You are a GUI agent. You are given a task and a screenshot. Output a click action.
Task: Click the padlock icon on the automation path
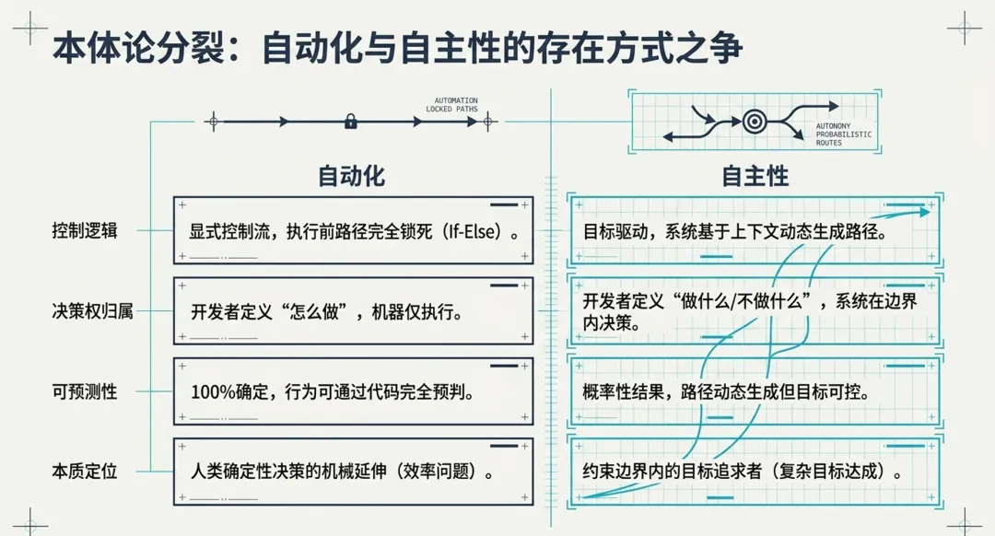pyautogui.click(x=350, y=122)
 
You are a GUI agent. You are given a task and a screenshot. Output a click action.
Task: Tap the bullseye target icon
pyautogui.click(x=755, y=122)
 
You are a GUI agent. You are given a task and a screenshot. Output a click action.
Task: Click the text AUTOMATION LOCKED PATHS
pyautogui.click(x=451, y=105)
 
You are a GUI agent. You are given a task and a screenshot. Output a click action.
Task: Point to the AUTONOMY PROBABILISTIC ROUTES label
pyautogui.click(x=843, y=134)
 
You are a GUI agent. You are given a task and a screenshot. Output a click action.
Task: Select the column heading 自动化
pyautogui.click(x=351, y=176)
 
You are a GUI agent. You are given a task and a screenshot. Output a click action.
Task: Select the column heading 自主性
pyautogui.click(x=755, y=176)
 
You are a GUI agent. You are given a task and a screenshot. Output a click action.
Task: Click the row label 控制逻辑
pyautogui.click(x=85, y=230)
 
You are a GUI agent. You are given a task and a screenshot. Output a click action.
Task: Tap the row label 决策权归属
pyautogui.click(x=93, y=310)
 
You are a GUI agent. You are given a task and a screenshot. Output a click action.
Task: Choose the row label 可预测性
pyautogui.click(x=85, y=391)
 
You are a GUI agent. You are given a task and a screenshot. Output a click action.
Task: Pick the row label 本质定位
pyautogui.click(x=85, y=472)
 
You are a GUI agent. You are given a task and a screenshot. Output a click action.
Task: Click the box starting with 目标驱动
pyautogui.click(x=755, y=231)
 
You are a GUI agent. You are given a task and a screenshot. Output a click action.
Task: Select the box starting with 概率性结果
pyautogui.click(x=755, y=391)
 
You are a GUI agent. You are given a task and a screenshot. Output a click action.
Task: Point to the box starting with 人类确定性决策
pyautogui.click(x=354, y=472)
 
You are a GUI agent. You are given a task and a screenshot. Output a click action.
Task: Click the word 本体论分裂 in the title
pyautogui.click(x=138, y=48)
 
